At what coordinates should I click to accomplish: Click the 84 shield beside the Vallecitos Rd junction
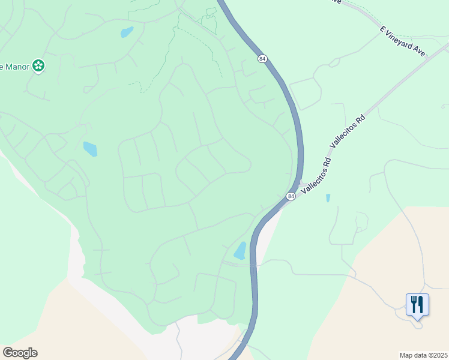tap(291, 196)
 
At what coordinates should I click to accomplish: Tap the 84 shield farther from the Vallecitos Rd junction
tap(262, 58)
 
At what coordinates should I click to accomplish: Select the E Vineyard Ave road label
tap(402, 41)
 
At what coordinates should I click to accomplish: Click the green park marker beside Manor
tap(38, 65)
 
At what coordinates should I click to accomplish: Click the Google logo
tap(20, 353)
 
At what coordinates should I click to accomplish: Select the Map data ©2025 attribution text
tap(423, 355)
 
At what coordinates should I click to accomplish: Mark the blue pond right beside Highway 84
tap(241, 251)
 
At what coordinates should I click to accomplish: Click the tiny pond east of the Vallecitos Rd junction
tap(328, 197)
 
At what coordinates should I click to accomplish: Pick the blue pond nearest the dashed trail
tap(127, 32)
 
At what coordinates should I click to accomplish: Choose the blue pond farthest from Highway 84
tap(90, 149)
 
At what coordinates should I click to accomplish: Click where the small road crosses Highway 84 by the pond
tap(253, 264)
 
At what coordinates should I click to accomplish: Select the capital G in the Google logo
tap(8, 353)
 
